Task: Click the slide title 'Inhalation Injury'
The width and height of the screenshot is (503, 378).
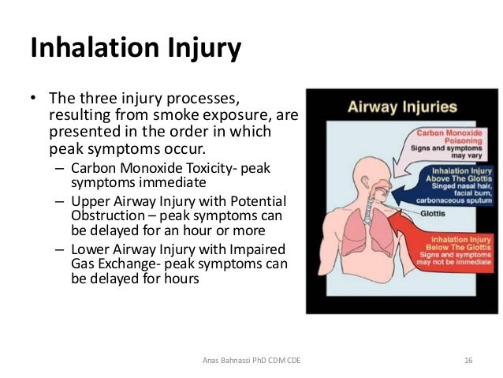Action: pyautogui.click(x=135, y=48)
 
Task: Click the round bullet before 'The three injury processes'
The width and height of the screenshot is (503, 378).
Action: pyautogui.click(x=33, y=100)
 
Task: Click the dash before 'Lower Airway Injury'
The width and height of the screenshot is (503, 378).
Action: pyautogui.click(x=60, y=250)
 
